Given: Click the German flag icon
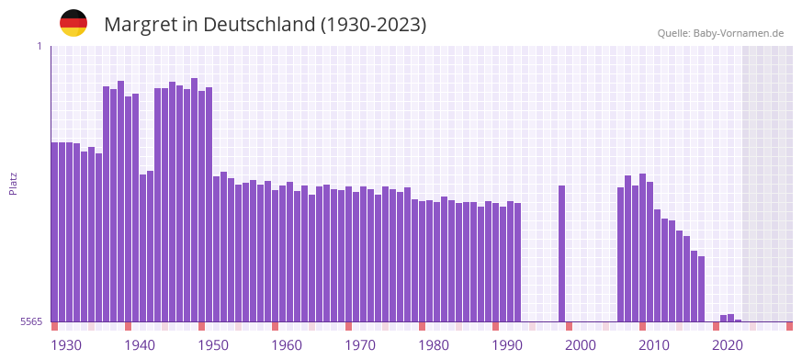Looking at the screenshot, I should [73, 23].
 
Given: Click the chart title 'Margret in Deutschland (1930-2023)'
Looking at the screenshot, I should [265, 25].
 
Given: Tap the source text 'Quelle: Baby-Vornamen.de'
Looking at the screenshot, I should [720, 33].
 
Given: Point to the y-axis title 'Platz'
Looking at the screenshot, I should [13, 183].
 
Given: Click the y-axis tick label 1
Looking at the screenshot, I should [39, 46].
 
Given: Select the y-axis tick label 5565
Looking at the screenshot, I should [30, 321].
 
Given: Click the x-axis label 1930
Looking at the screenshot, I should [66, 345].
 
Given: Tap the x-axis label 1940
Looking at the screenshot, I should [140, 345].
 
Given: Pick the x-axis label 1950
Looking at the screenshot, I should [213, 345].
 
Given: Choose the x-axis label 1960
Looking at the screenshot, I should [287, 345].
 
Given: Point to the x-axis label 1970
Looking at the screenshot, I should [360, 345].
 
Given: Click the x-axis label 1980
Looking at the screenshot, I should [434, 345].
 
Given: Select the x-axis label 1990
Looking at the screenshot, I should [507, 345].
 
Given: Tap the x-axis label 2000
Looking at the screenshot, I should [581, 345].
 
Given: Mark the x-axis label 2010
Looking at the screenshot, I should [654, 345].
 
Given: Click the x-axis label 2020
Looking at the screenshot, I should [728, 345].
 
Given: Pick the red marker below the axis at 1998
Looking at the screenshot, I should [569, 326].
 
